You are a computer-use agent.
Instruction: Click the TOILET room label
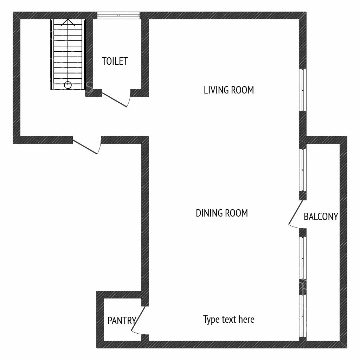(115, 61)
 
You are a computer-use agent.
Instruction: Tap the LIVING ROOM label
(229, 90)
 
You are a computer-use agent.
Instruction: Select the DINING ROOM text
(222, 213)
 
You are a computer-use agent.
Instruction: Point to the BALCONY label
(321, 217)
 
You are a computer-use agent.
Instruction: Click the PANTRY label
(122, 321)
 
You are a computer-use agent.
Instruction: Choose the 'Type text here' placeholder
(229, 320)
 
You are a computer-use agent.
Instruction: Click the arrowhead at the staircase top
(68, 22)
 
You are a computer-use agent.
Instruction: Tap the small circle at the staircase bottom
(68, 85)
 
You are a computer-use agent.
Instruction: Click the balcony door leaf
(296, 212)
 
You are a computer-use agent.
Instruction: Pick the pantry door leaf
(139, 319)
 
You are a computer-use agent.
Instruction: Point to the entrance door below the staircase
(85, 147)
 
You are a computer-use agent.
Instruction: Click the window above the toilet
(118, 15)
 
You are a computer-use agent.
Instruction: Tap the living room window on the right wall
(303, 90)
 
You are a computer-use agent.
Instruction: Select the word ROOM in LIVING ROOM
(242, 90)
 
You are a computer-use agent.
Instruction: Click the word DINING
(209, 213)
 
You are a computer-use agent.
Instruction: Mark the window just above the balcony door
(303, 170)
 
